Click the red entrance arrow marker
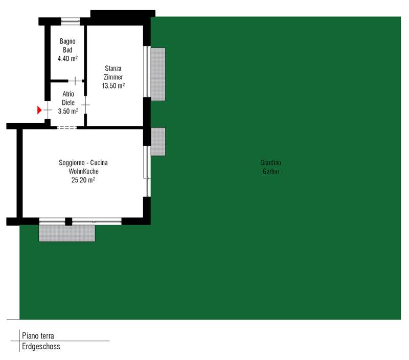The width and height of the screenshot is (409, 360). tap(39, 110)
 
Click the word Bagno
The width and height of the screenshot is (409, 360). tap(67, 41)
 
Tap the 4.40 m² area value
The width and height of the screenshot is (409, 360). tap(67, 58)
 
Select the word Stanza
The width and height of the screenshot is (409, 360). tap(113, 69)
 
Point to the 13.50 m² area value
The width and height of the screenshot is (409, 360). tap(113, 85)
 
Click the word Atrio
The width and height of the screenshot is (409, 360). tap(68, 94)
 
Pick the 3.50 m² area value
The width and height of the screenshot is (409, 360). tap(68, 111)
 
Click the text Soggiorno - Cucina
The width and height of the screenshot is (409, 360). tap(83, 163)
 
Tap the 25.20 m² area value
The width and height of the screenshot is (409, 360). tap(83, 179)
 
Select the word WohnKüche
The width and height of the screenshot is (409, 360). tap(83, 171)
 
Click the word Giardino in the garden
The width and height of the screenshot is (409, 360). tap(270, 163)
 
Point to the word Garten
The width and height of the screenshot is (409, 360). tap(270, 171)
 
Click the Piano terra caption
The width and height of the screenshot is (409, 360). tap(38, 335)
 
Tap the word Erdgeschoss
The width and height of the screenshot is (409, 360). tap(41, 346)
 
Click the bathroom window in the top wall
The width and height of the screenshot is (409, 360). tap(71, 21)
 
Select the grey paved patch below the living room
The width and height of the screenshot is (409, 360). tap(67, 233)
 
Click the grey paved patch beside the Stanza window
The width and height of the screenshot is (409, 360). tap(158, 74)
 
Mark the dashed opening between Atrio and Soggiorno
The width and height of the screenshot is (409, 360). tap(67, 127)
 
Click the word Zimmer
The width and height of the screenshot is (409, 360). tap(113, 77)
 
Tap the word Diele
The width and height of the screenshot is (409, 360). tap(68, 102)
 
